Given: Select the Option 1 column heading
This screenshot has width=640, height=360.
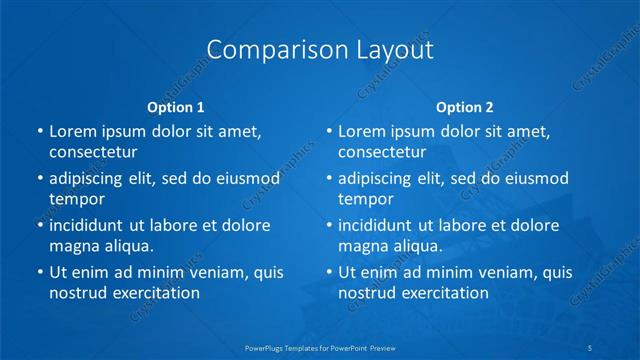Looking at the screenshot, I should tap(175, 107).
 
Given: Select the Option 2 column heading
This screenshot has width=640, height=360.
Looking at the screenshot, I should tap(465, 107).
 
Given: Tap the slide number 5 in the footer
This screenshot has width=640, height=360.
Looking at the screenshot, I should tap(592, 348).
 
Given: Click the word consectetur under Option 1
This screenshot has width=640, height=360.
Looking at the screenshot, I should tap(92, 153).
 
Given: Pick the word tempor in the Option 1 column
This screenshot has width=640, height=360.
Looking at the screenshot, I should tap(77, 199).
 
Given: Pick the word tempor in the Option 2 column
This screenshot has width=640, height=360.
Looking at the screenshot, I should tap(366, 199).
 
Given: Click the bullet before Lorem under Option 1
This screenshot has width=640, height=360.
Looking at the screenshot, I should tap(39, 131).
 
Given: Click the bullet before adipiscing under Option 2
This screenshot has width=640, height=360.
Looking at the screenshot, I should tap(328, 178).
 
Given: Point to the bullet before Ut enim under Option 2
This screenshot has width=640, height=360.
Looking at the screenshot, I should tap(328, 272).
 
